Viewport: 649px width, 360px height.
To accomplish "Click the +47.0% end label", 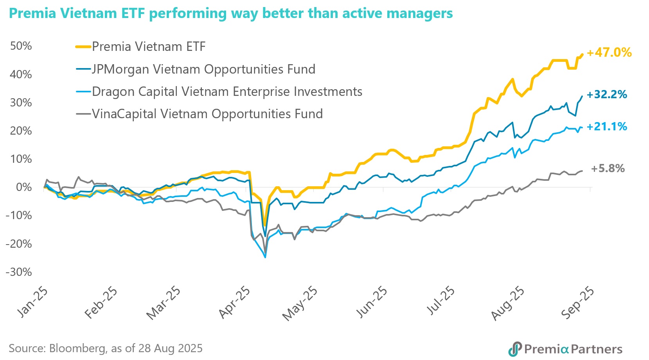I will (x=609, y=52).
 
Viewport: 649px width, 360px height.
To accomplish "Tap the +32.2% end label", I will (x=607, y=94).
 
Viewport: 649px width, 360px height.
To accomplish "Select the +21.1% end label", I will (x=607, y=126).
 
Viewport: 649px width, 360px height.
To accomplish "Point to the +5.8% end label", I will (x=608, y=169).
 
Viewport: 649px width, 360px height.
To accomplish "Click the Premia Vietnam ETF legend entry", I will (x=149, y=47).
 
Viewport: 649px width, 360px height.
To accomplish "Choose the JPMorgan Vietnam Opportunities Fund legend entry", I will (x=203, y=69).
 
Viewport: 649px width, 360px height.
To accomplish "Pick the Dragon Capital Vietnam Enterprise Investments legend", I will (x=227, y=92).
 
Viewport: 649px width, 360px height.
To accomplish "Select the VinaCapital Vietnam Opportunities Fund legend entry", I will (x=207, y=114).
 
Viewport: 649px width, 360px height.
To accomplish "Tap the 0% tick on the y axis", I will (x=24, y=187).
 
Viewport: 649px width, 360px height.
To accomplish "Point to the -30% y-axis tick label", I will (x=19, y=272).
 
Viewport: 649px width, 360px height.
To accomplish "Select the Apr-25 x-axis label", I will (x=234, y=302).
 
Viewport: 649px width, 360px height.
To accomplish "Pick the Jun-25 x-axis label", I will (x=371, y=302).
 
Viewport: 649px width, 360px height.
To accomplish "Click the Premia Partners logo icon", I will (x=515, y=349).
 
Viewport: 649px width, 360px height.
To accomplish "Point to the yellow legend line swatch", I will (x=83, y=47).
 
